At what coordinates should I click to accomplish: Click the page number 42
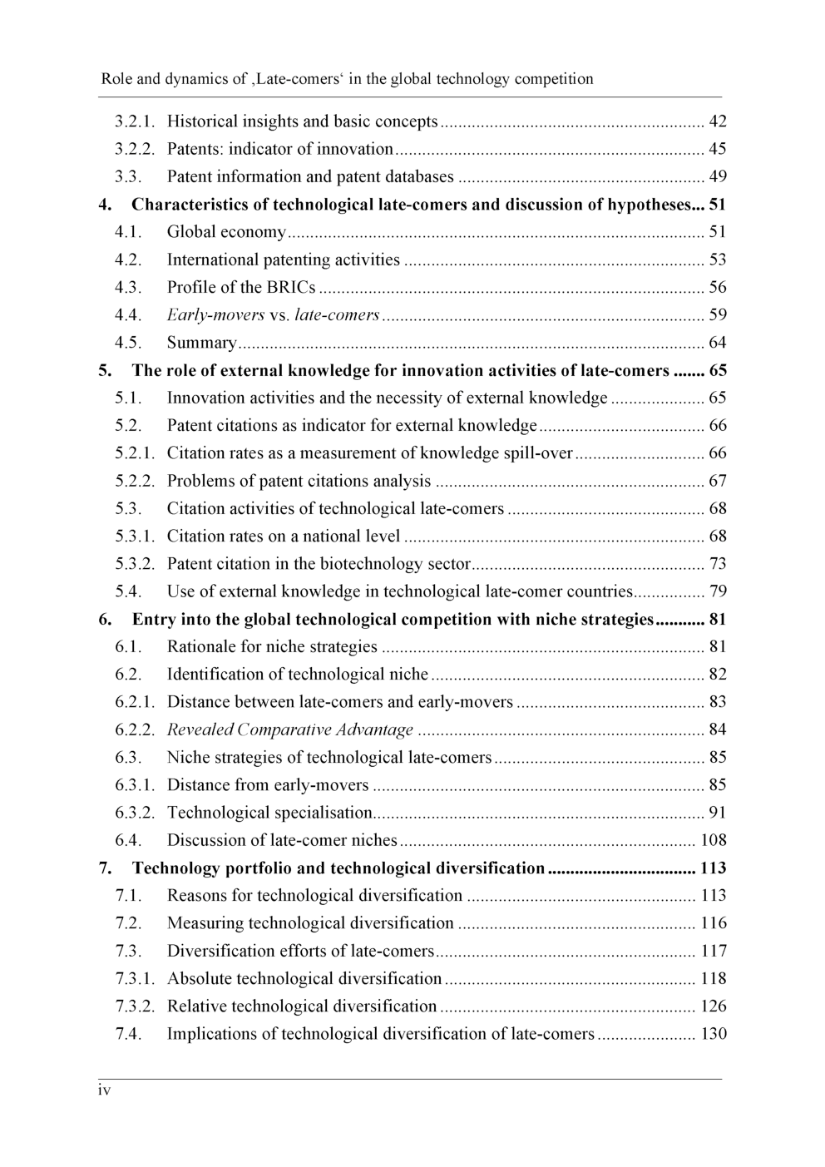pyautogui.click(x=717, y=121)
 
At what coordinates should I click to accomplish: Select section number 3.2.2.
pyautogui.click(x=135, y=149)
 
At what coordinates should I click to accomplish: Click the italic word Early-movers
pyautogui.click(x=215, y=314)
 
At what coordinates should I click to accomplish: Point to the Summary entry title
pyautogui.click(x=201, y=343)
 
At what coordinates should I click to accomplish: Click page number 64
pyautogui.click(x=717, y=343)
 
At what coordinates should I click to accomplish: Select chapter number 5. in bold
pyautogui.click(x=105, y=370)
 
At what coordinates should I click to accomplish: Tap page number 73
pyautogui.click(x=717, y=564)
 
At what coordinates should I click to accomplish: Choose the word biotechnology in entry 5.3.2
pyautogui.click(x=371, y=564)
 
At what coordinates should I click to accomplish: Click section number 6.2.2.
pyautogui.click(x=135, y=729)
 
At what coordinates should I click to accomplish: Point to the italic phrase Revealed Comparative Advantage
pyautogui.click(x=290, y=729)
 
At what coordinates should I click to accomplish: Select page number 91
pyautogui.click(x=717, y=813)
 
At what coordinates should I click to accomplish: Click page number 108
pyautogui.click(x=713, y=840)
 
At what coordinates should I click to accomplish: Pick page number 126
pyautogui.click(x=713, y=1006)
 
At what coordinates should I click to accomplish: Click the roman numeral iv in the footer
pyautogui.click(x=105, y=1090)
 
